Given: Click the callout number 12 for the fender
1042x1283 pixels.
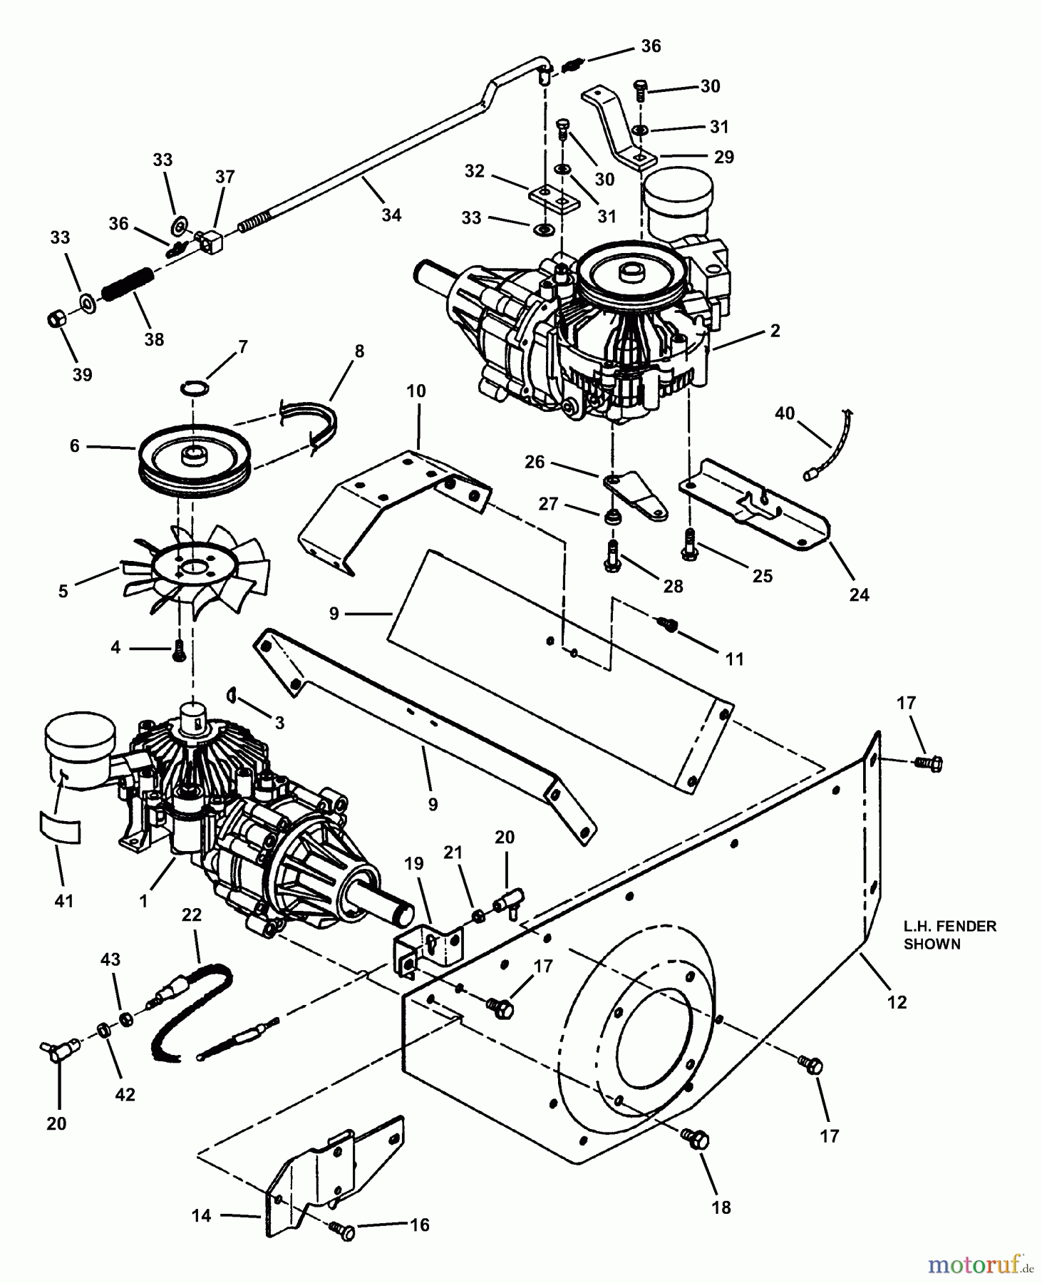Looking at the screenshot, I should click(897, 1001).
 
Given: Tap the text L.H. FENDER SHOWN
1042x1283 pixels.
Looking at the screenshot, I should click(949, 934).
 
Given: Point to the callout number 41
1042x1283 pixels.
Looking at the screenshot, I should click(64, 901).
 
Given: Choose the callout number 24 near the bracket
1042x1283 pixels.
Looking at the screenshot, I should click(859, 594).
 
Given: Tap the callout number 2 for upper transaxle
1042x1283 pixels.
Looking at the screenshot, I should click(775, 330).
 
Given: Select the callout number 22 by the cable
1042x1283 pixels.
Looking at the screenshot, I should click(192, 914).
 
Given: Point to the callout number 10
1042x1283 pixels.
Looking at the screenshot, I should click(416, 391).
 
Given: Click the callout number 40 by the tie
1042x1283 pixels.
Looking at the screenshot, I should click(784, 413).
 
